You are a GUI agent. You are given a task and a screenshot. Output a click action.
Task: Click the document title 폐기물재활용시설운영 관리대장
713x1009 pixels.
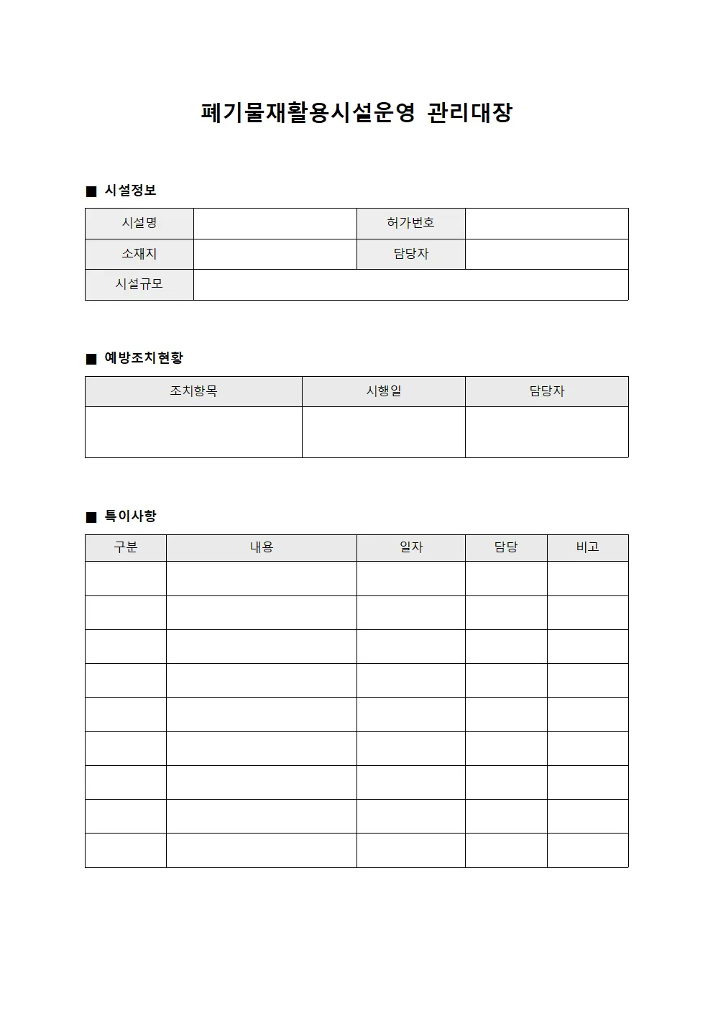(356, 113)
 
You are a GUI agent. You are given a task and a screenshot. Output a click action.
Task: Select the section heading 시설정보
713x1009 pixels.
(130, 191)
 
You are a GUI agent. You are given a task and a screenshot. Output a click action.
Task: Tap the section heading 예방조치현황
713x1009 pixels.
(144, 358)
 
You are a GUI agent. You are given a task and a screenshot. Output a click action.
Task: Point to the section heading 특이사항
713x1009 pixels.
(130, 516)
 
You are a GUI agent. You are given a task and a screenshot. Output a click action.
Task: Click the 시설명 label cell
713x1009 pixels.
(139, 224)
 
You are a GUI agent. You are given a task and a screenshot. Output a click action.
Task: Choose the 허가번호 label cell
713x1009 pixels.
(410, 224)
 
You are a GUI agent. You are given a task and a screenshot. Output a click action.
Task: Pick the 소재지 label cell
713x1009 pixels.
(139, 254)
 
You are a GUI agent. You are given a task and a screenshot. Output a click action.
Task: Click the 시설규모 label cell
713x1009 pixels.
(139, 285)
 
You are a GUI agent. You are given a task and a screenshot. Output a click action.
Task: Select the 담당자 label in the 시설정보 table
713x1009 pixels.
(410, 254)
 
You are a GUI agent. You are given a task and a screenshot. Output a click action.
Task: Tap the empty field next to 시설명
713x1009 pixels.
(275, 224)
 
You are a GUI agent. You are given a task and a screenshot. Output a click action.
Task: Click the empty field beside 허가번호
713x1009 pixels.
(546, 224)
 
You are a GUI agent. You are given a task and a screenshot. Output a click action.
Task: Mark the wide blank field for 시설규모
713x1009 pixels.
(410, 285)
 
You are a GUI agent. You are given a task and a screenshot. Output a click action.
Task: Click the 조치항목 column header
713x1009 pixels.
(193, 391)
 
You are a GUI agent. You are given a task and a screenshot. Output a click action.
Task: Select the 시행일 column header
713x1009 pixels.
(383, 391)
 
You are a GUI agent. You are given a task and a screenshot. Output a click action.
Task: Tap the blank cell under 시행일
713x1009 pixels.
(383, 432)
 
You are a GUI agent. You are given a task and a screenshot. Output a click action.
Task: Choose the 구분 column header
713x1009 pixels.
(126, 547)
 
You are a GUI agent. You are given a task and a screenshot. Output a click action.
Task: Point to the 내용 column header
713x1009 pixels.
(261, 547)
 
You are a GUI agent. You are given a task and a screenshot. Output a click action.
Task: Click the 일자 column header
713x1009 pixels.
(410, 547)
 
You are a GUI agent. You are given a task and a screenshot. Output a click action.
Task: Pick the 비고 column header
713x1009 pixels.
(587, 547)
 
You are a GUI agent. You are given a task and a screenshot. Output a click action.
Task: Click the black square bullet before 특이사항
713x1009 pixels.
(91, 517)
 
